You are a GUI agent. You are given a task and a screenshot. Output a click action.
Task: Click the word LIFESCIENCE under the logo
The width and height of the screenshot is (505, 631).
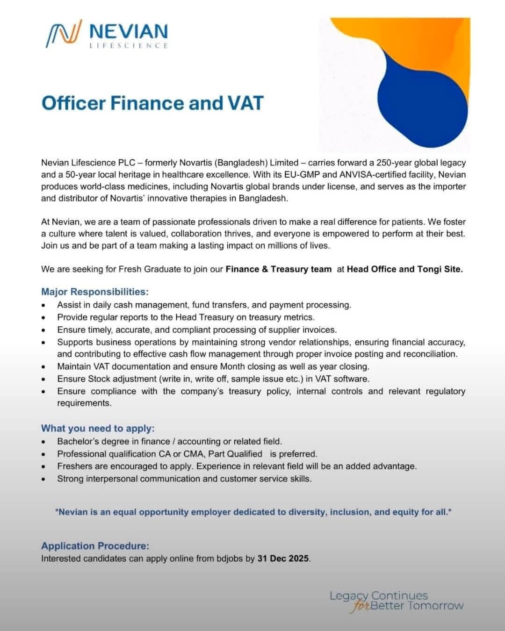click(x=128, y=45)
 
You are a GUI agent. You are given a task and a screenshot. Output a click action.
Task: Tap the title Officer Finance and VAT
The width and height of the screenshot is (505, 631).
click(x=152, y=103)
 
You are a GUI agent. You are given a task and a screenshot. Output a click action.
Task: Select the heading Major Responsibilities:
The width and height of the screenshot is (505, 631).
click(x=94, y=292)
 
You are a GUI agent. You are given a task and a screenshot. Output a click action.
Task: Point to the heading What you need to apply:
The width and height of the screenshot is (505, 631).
click(x=97, y=428)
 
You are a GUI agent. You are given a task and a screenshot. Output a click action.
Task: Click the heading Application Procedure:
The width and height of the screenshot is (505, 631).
click(x=95, y=545)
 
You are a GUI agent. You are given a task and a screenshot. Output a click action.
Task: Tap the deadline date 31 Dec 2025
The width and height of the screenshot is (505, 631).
click(x=283, y=558)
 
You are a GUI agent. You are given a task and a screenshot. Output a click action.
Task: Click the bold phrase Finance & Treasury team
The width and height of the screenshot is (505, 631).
click(x=278, y=269)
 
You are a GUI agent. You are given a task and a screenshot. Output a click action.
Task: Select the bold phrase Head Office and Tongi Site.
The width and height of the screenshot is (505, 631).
click(x=404, y=269)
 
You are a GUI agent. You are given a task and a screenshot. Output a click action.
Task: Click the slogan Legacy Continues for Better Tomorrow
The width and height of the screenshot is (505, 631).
click(x=397, y=601)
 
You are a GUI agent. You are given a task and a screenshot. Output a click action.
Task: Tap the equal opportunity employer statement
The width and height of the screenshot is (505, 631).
click(x=253, y=512)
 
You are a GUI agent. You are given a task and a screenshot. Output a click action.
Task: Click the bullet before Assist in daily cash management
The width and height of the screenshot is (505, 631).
click(x=43, y=305)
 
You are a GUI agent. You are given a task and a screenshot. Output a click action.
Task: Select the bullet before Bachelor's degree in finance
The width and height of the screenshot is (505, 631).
click(x=43, y=442)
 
